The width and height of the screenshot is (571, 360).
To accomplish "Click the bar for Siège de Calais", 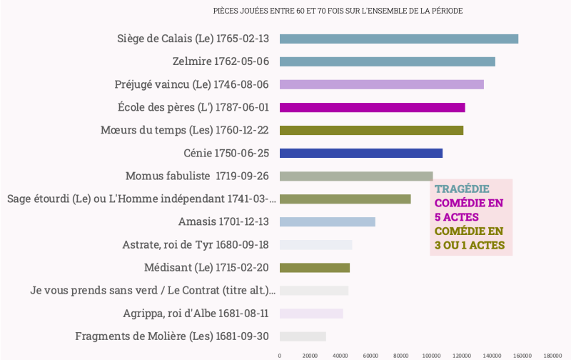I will (398, 39).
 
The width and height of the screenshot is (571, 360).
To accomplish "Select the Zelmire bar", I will (387, 61).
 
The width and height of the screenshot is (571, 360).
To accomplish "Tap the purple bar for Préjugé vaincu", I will (381, 84).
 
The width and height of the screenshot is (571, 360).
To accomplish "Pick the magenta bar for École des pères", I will (372, 108).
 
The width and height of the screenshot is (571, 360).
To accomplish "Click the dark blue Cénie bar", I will (360, 153).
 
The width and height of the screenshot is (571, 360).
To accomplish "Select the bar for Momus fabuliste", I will (355, 176).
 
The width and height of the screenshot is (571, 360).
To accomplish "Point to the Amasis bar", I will (327, 222).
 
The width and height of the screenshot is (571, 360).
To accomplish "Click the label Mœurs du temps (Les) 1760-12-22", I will (184, 130).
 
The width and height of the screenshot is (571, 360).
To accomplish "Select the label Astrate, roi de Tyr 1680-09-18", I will (195, 245).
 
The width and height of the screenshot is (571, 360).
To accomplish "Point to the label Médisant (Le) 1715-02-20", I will (206, 268).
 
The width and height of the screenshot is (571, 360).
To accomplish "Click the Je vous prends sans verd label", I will (152, 291).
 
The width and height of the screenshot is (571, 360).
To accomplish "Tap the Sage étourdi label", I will (141, 199).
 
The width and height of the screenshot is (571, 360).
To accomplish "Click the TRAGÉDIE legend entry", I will (462, 189).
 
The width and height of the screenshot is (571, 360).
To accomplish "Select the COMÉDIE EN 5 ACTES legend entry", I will (468, 210).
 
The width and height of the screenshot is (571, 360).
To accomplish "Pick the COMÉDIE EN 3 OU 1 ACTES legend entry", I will (469, 239).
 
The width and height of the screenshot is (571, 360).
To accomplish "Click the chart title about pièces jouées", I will (338, 11).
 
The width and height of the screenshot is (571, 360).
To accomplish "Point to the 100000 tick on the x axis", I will (430, 355).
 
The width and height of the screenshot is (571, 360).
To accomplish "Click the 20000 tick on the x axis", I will (310, 355).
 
